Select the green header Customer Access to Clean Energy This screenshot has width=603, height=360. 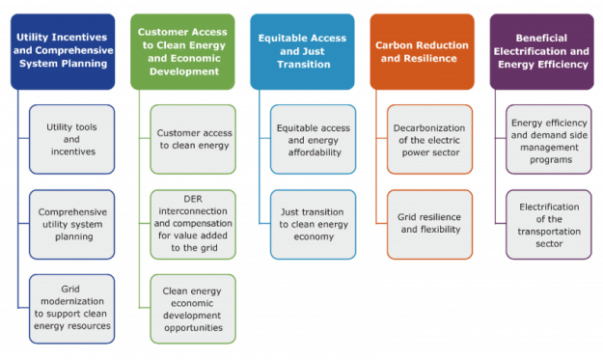click(x=183, y=51)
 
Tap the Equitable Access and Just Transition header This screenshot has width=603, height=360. click(x=302, y=51)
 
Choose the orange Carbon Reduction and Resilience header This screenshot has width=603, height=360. click(x=422, y=51)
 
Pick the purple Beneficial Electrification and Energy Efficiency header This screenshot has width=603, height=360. click(x=540, y=51)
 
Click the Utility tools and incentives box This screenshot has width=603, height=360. click(x=72, y=139)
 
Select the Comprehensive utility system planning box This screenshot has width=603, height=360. click(x=72, y=224)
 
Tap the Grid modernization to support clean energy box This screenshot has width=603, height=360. click(x=72, y=309)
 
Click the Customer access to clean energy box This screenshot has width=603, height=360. click(x=193, y=139)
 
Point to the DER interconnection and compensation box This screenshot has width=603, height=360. click(x=193, y=224)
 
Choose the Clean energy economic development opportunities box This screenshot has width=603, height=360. click(x=193, y=309)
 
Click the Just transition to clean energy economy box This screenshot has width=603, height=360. click(x=313, y=224)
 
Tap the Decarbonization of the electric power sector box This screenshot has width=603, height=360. click(x=430, y=139)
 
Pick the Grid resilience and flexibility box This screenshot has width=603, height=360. click(x=430, y=224)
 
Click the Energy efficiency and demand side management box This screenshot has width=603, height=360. click(x=549, y=139)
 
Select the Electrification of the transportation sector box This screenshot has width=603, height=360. click(x=549, y=224)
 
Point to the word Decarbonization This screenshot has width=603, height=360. click(x=430, y=127)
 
